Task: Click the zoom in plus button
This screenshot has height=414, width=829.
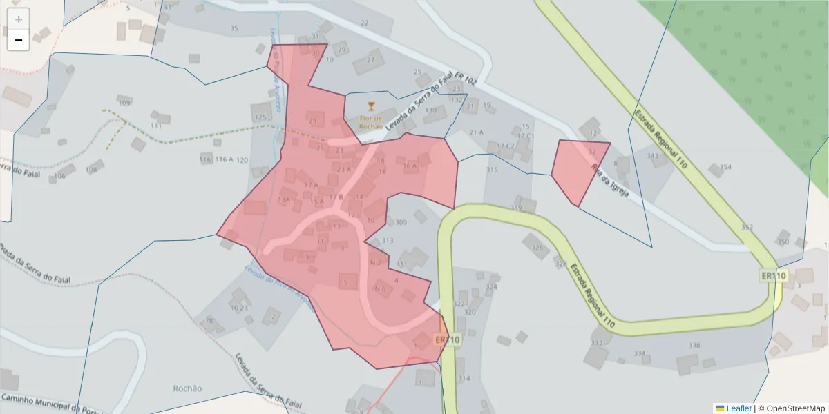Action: pos(19,19)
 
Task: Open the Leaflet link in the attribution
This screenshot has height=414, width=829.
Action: pos(738,408)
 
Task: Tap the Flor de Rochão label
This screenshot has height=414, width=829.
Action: pos(371,122)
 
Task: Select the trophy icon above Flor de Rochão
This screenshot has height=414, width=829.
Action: pos(371,106)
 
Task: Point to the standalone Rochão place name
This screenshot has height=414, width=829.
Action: pos(188,388)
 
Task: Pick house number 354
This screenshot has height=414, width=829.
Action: pos(725,167)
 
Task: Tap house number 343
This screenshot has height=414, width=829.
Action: pos(653,156)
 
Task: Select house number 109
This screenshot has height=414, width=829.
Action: pos(124,103)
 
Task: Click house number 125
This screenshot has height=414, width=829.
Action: pos(260,117)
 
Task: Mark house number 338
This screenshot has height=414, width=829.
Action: pos(694,346)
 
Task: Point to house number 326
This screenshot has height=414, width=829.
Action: pos(537,248)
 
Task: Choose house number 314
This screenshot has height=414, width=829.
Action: pos(464,378)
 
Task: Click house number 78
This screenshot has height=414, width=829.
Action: pos(209,320)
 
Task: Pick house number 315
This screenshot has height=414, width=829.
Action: pos(492,170)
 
